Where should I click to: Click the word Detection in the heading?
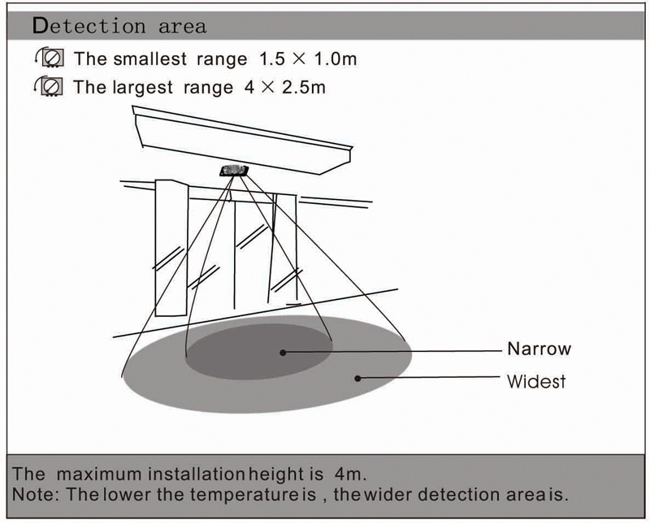(x=89, y=26)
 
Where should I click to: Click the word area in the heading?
(x=182, y=27)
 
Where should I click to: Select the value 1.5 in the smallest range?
(x=272, y=59)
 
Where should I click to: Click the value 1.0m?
(x=336, y=59)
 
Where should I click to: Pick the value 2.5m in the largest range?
(x=303, y=88)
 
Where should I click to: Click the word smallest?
(x=149, y=59)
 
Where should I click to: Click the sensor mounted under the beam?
(x=234, y=171)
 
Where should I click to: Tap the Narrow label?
(x=539, y=349)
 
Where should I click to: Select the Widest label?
(x=536, y=381)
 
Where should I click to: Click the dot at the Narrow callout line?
(x=283, y=353)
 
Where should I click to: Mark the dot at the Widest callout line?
(x=357, y=378)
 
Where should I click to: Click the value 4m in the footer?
(x=350, y=474)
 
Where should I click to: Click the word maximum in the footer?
(x=99, y=475)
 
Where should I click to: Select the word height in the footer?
(x=276, y=475)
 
